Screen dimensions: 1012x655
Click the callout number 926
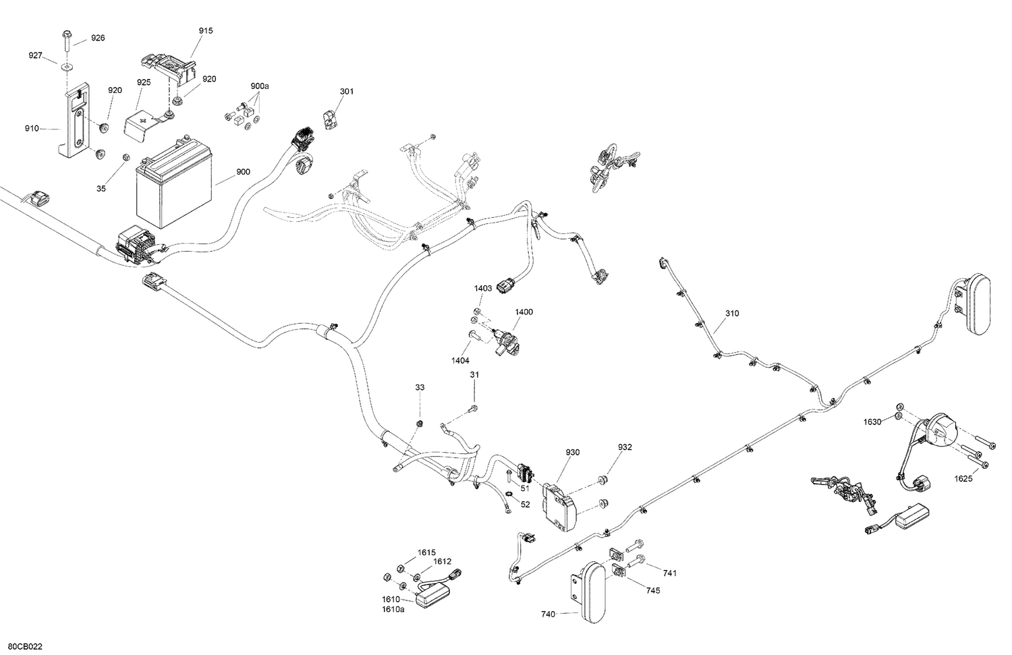pos(98,38)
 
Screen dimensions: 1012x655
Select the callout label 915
pos(206,31)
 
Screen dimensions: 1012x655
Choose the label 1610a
pos(393,609)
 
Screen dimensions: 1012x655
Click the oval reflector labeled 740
pos(592,593)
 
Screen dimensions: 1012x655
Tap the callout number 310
pos(732,314)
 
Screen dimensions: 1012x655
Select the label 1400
pos(524,312)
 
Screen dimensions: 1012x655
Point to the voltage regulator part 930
pos(560,507)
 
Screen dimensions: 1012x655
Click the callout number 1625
pos(963,479)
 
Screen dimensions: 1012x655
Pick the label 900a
pos(260,86)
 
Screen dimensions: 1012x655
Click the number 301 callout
pos(347,91)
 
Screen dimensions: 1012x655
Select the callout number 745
pos(653,590)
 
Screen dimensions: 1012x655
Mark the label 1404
pos(460,360)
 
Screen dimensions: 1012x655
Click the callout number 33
pos(420,387)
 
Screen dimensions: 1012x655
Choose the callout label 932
pos(625,447)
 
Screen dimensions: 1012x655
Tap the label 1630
pos(872,422)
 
